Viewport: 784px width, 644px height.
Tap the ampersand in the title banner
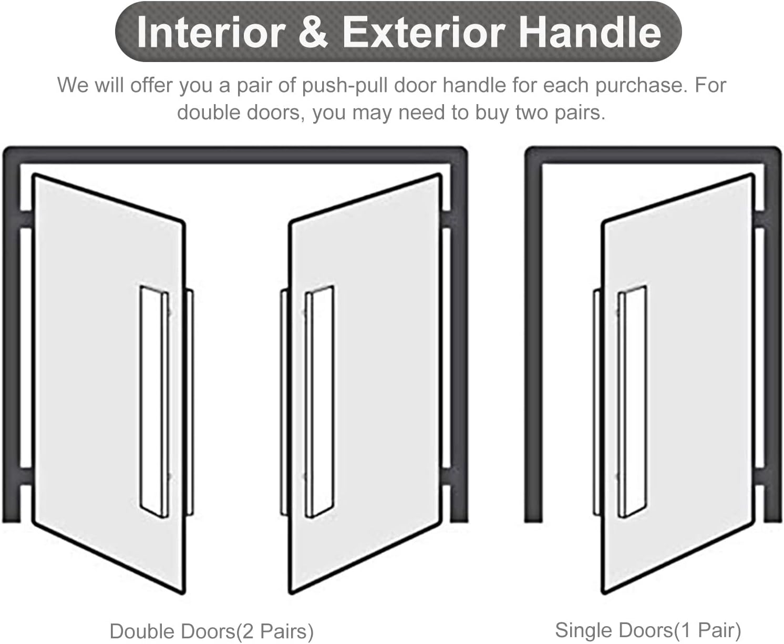pyautogui.click(x=314, y=33)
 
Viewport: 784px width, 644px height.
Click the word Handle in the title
pyautogui.click(x=591, y=33)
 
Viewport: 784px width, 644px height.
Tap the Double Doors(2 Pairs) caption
pyautogui.click(x=211, y=631)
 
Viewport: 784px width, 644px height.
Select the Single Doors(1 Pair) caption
pyautogui.click(x=647, y=630)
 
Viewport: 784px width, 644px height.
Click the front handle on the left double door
pyautogui.click(x=154, y=402)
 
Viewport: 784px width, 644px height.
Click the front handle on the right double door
pyautogui.click(x=319, y=402)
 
